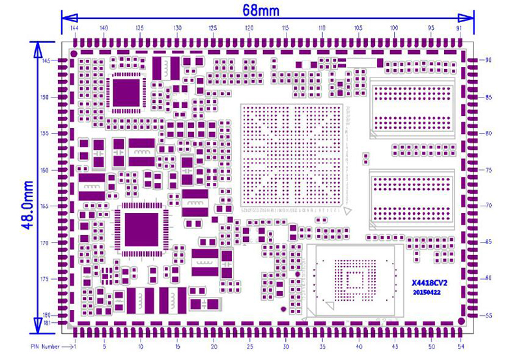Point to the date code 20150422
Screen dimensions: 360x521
pos(428,294)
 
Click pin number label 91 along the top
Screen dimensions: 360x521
pos(460,29)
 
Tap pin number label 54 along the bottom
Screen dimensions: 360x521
pos(461,344)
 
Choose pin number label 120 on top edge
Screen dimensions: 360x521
pos(249,29)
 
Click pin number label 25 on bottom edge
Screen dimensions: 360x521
pos(250,344)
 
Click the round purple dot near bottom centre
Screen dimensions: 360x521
pos(282,309)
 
